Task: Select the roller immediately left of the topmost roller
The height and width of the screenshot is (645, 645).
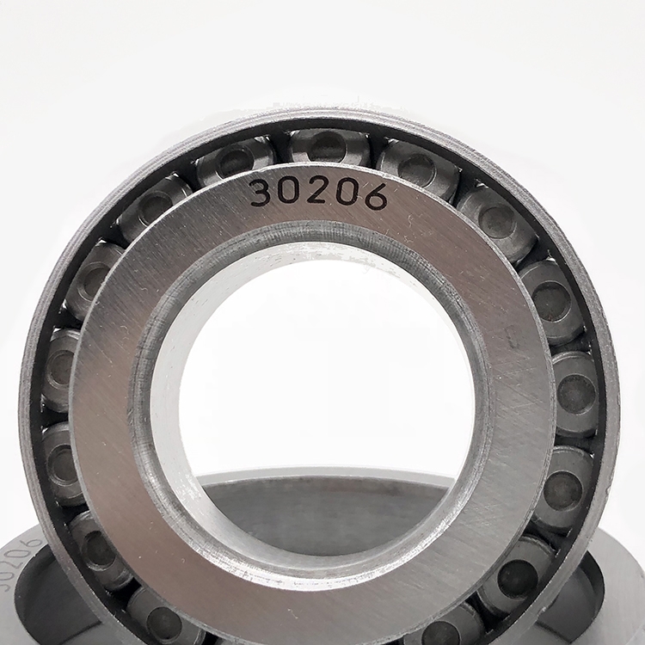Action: coord(236,162)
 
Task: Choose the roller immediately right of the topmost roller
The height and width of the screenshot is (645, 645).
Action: coord(417,164)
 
